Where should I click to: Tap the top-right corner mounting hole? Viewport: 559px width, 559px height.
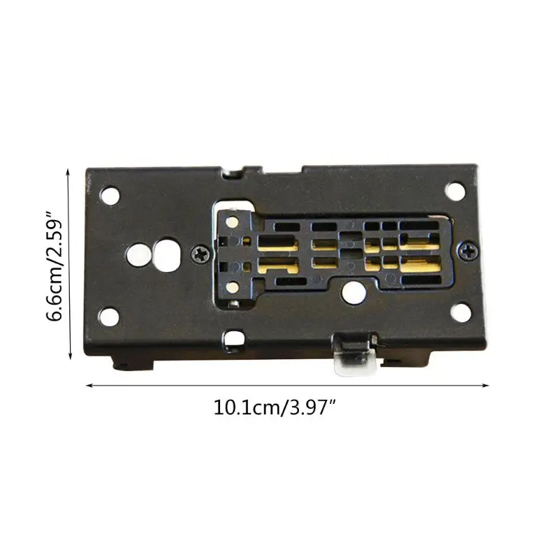pyautogui.click(x=456, y=189)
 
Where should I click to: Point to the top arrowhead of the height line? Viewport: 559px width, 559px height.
pyautogui.click(x=69, y=171)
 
